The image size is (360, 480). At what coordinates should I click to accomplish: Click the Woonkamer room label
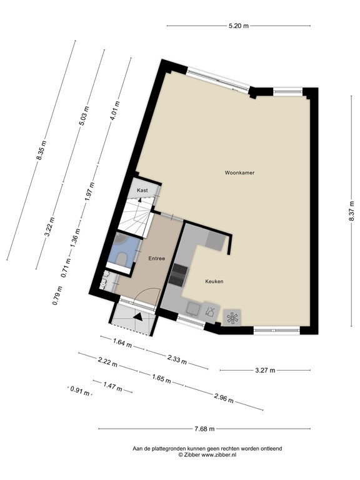point(240,172)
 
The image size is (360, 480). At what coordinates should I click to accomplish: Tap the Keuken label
point(214,282)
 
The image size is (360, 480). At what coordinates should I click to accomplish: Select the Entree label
point(156,258)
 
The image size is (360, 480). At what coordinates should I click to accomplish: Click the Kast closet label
point(142,190)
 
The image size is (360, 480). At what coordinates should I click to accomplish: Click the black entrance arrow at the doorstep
point(139,317)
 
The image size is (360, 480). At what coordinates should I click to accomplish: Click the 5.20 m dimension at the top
point(237,26)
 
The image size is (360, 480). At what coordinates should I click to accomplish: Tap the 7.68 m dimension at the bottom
point(203,429)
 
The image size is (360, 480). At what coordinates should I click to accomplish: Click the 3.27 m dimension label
point(266,370)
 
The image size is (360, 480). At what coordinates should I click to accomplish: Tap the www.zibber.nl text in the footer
point(210,455)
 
